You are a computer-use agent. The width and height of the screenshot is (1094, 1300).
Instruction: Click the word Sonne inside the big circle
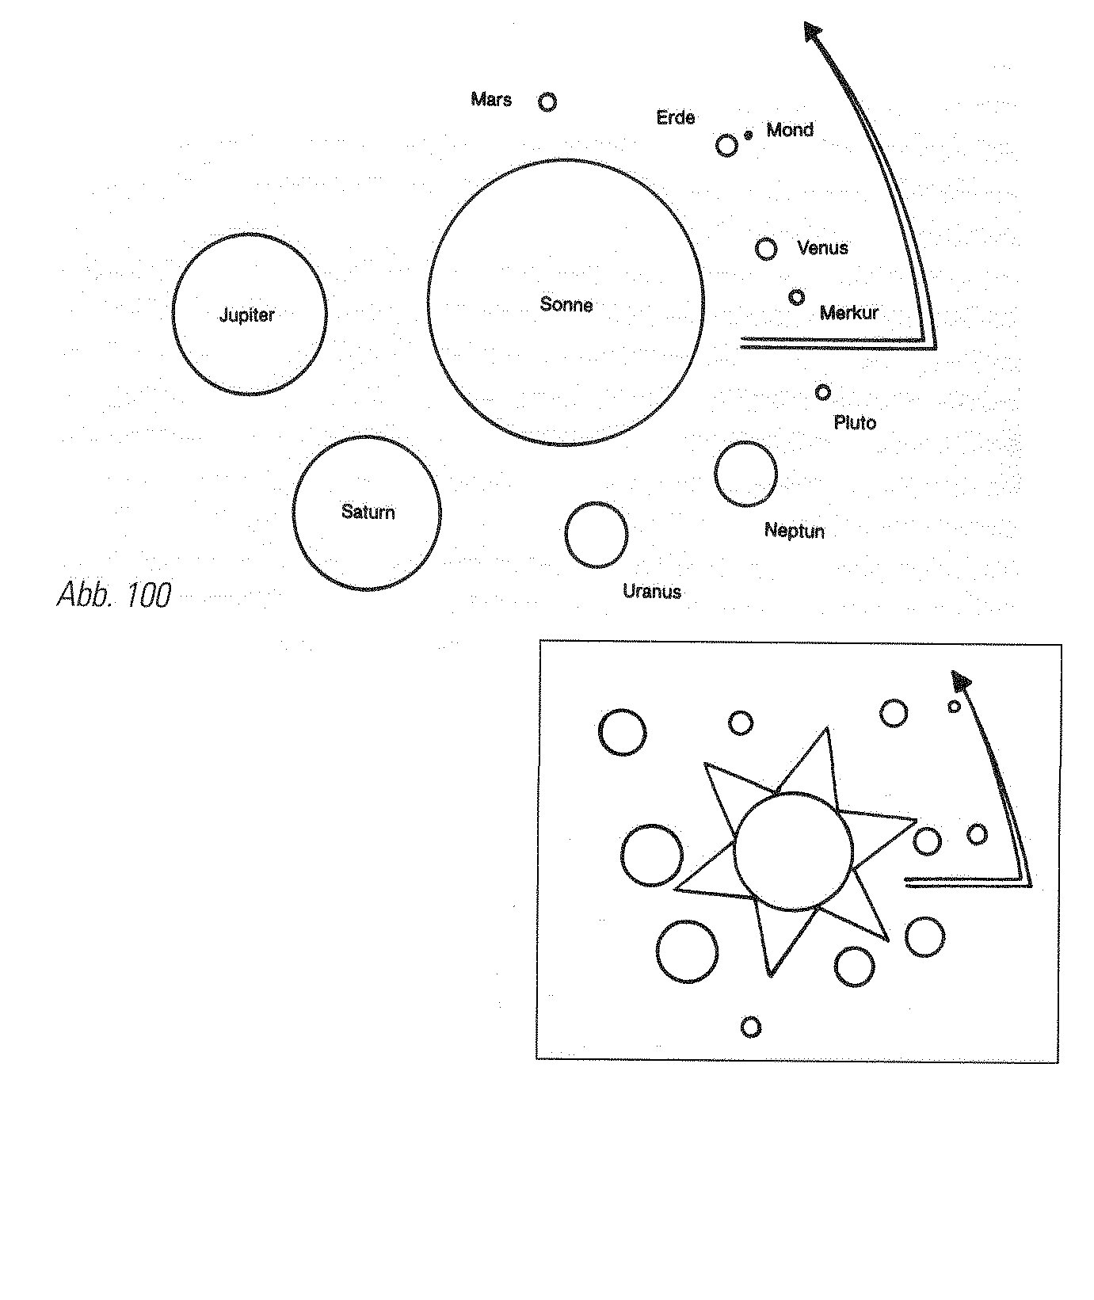pos(566,304)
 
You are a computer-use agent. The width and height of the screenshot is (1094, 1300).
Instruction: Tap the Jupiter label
pos(246,315)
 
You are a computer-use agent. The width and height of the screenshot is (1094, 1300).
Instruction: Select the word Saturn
pos(368,512)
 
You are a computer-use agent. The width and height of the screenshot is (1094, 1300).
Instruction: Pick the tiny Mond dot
pos(748,135)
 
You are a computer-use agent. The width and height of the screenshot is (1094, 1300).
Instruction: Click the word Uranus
pos(652,591)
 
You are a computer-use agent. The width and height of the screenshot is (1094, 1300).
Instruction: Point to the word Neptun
pos(794,531)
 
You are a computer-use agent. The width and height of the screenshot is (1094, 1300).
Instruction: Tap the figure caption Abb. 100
pos(114,594)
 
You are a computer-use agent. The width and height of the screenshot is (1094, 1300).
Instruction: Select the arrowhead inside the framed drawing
pos(961,680)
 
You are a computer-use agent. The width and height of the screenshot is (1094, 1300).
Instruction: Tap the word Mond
pos(790,129)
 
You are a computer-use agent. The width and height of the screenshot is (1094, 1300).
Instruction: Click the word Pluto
pos(855,422)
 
